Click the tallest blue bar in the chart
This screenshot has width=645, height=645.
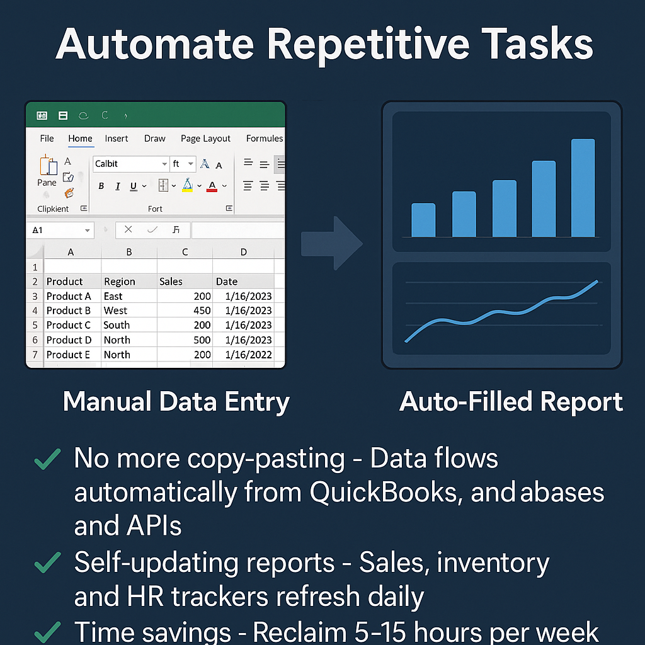583,188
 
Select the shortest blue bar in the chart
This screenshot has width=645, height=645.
423,220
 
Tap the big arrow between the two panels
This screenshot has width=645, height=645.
332,243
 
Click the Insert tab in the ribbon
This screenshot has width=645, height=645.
117,139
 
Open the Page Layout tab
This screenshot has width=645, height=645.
205,139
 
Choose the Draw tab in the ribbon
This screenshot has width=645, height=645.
155,139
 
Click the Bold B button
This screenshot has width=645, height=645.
101,186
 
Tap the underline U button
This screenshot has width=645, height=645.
134,186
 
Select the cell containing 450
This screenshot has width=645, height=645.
185,310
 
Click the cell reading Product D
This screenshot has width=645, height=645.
69,340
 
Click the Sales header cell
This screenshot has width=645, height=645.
185,282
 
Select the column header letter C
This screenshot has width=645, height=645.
185,252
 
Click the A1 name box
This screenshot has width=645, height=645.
60,231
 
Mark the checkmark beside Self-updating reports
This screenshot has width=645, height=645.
48,562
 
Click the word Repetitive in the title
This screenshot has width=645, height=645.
368,45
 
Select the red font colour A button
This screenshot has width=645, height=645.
212,186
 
